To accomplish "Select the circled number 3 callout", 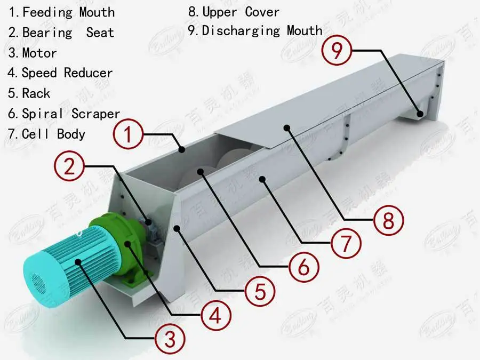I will [x=170, y=338].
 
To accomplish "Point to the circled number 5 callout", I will [x=260, y=292].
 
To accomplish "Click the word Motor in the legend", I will [x=39, y=53].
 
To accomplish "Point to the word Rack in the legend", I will [x=36, y=93].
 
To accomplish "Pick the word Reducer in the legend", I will [x=89, y=73].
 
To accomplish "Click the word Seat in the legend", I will [x=100, y=33].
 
